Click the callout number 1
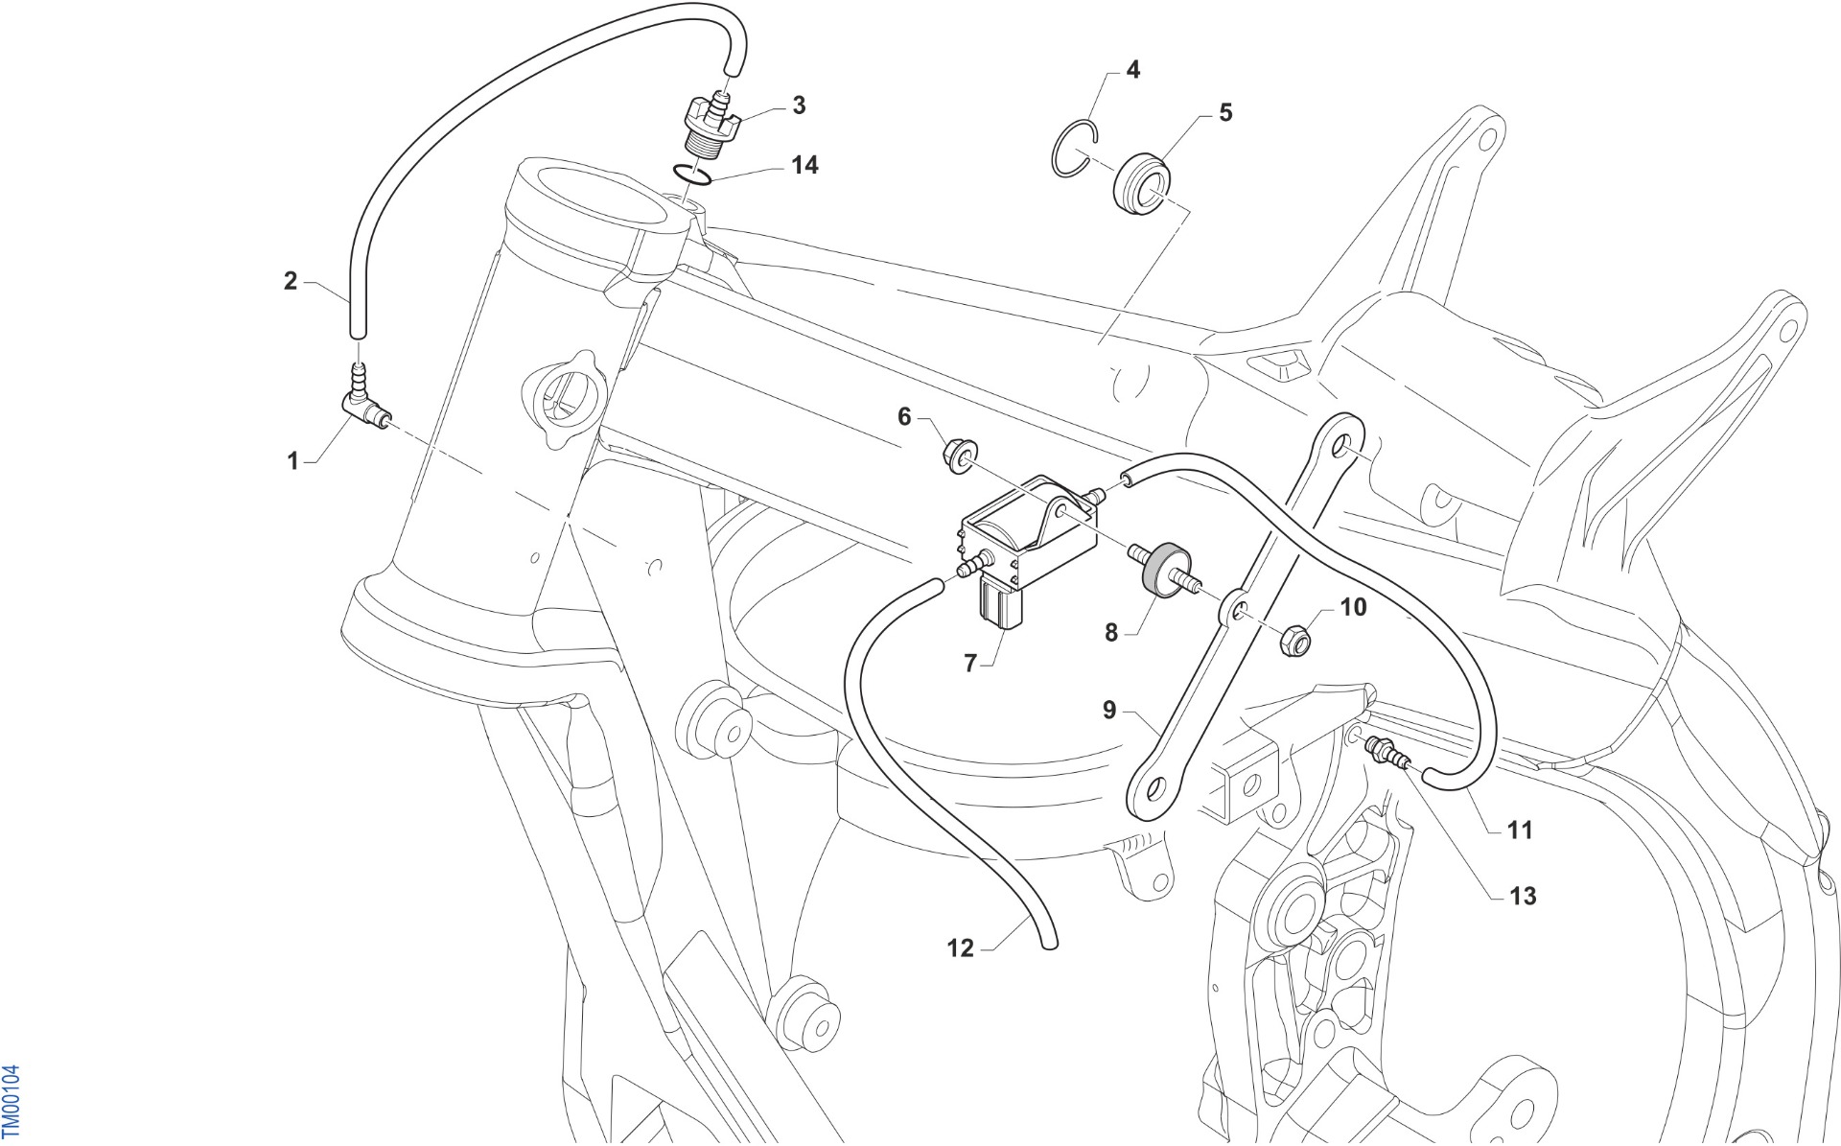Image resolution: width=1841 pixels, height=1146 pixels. (293, 461)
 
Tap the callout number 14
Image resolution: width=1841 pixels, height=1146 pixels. (804, 165)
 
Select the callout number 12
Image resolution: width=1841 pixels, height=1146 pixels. (960, 947)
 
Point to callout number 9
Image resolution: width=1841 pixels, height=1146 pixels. (1109, 711)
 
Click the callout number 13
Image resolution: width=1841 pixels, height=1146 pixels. (1523, 896)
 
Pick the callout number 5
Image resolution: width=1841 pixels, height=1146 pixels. (1225, 112)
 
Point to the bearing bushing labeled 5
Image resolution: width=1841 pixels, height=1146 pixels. (1141, 181)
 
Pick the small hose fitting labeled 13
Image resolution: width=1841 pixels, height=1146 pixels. (1388, 751)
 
